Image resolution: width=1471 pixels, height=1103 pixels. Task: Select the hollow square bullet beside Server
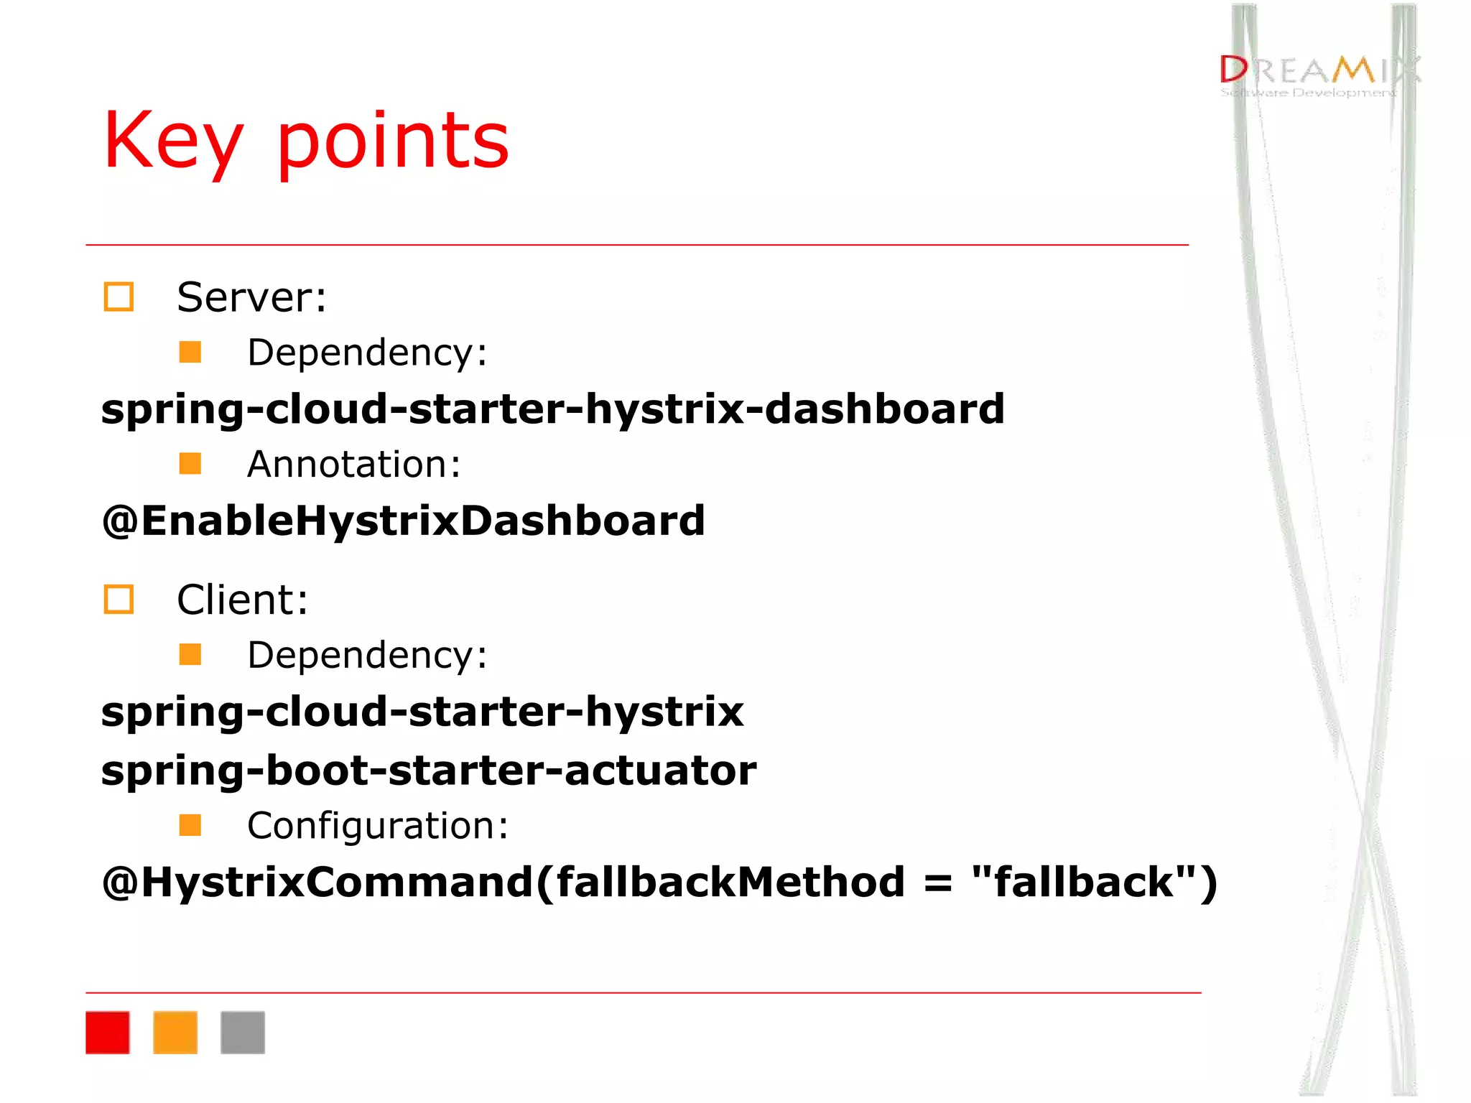119,297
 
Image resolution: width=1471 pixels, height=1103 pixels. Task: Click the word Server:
251,297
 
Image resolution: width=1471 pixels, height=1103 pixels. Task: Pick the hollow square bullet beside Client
119,600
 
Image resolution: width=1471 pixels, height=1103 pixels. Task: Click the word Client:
242,600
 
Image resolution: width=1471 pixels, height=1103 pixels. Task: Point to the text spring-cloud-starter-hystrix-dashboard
552,409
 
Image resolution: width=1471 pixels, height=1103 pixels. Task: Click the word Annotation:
353,465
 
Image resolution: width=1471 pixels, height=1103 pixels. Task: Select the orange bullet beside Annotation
190,463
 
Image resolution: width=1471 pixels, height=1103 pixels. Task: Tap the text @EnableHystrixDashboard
403,521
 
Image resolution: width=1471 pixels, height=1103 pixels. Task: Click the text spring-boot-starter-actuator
429,771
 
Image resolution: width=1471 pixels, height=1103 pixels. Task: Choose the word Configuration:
378,826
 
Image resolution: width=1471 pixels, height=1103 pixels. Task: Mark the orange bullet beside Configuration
190,825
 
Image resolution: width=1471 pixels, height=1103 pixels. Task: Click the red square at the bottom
108,1032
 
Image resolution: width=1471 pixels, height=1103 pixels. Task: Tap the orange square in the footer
175,1032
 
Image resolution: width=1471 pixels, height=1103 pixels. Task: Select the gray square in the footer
243,1032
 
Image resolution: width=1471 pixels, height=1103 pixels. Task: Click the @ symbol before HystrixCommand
119,883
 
